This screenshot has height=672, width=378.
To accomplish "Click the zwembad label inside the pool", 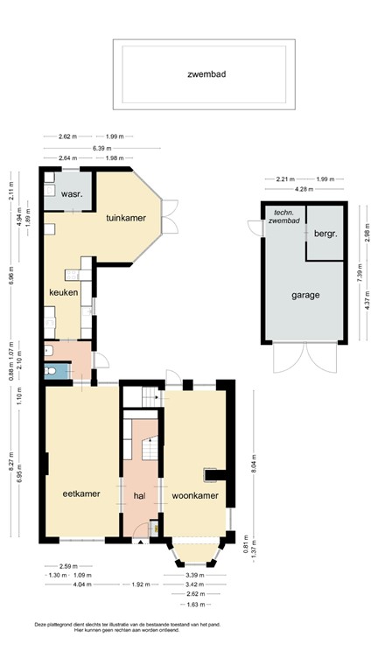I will [x=206, y=74].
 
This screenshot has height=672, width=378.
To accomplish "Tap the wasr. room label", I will [x=71, y=195].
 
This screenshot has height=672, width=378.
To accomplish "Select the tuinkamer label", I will [x=125, y=217].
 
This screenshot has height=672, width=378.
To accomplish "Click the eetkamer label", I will [x=80, y=493].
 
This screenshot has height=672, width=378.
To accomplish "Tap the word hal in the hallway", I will [x=139, y=495].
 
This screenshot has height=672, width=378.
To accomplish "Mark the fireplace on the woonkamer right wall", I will [x=211, y=476].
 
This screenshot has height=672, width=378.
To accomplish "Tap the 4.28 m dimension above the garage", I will [x=304, y=190].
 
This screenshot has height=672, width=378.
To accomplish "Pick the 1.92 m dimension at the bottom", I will [x=140, y=584].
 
